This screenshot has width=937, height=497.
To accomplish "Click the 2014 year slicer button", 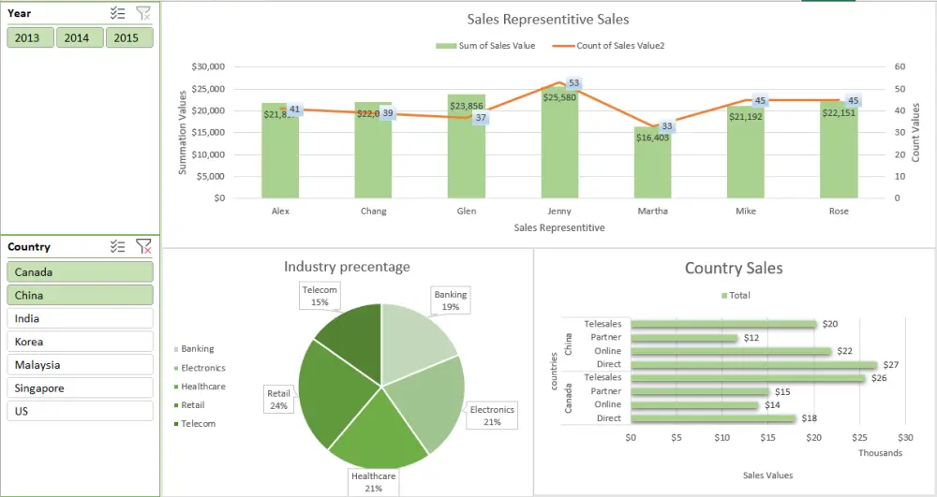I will pyautogui.click(x=79, y=37).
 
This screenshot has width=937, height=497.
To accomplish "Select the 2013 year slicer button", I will pyautogui.click(x=29, y=37).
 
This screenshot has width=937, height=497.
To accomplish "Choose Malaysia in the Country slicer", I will pyautogui.click(x=80, y=365).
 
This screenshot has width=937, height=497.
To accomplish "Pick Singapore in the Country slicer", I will pyautogui.click(x=80, y=387).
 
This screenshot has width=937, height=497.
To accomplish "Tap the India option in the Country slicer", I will pyautogui.click(x=80, y=318).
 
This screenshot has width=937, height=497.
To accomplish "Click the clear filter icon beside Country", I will pyautogui.click(x=143, y=246).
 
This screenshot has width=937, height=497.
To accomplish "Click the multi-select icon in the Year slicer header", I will pyautogui.click(x=117, y=13).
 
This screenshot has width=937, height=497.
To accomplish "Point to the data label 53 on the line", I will pyautogui.click(x=574, y=83).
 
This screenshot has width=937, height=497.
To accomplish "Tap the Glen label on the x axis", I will pyautogui.click(x=467, y=212).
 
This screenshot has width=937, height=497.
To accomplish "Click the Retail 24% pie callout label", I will pyautogui.click(x=279, y=400).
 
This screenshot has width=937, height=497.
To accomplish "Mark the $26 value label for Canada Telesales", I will pyautogui.click(x=878, y=378).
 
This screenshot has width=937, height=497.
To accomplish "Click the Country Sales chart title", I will pyautogui.click(x=734, y=269).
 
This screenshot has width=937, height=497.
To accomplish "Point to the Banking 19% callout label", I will pyautogui.click(x=451, y=300).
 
